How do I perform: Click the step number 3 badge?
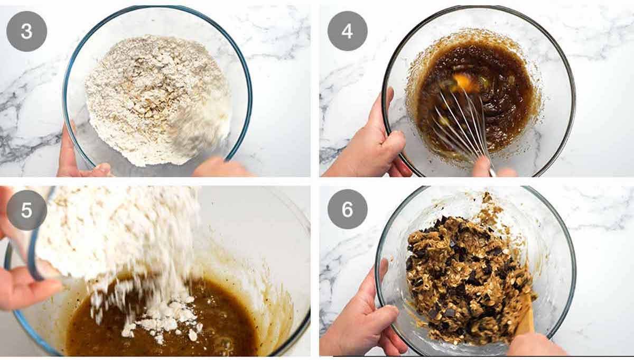26,31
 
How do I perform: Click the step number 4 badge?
347,31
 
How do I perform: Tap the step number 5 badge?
26,210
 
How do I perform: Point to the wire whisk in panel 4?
460,124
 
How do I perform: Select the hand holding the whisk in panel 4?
489,168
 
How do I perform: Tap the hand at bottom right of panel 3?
219,168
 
